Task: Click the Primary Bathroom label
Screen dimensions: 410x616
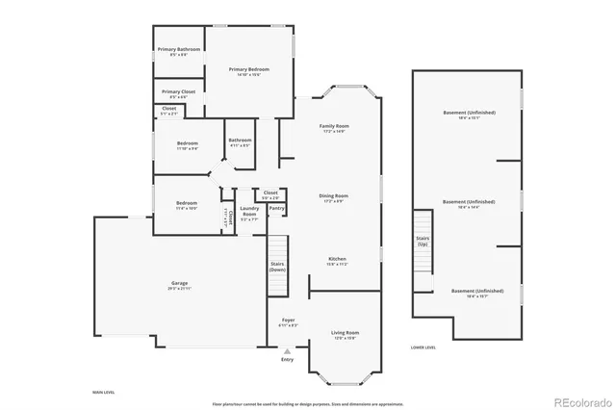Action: coord(179,49)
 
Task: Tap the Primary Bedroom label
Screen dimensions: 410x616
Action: coord(248,70)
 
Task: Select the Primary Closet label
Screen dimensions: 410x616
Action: coord(178,92)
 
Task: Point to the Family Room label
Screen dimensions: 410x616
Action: coord(334,127)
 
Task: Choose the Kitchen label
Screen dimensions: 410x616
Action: coord(337,259)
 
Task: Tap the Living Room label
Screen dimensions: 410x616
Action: coord(345,332)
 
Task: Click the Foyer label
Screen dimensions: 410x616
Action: coord(288,320)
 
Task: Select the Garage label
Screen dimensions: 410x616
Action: coord(180,283)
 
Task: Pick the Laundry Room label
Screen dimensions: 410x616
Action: coord(249,211)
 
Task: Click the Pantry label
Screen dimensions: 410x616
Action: coord(276,208)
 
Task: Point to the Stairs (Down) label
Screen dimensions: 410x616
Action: coord(277,267)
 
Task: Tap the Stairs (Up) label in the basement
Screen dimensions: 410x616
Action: coord(422,242)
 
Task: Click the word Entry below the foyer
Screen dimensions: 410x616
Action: coord(287,360)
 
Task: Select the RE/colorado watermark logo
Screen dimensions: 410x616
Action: coord(581,401)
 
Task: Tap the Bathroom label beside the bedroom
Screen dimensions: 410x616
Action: coord(240,141)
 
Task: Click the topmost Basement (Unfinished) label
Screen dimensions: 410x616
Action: coord(469,113)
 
